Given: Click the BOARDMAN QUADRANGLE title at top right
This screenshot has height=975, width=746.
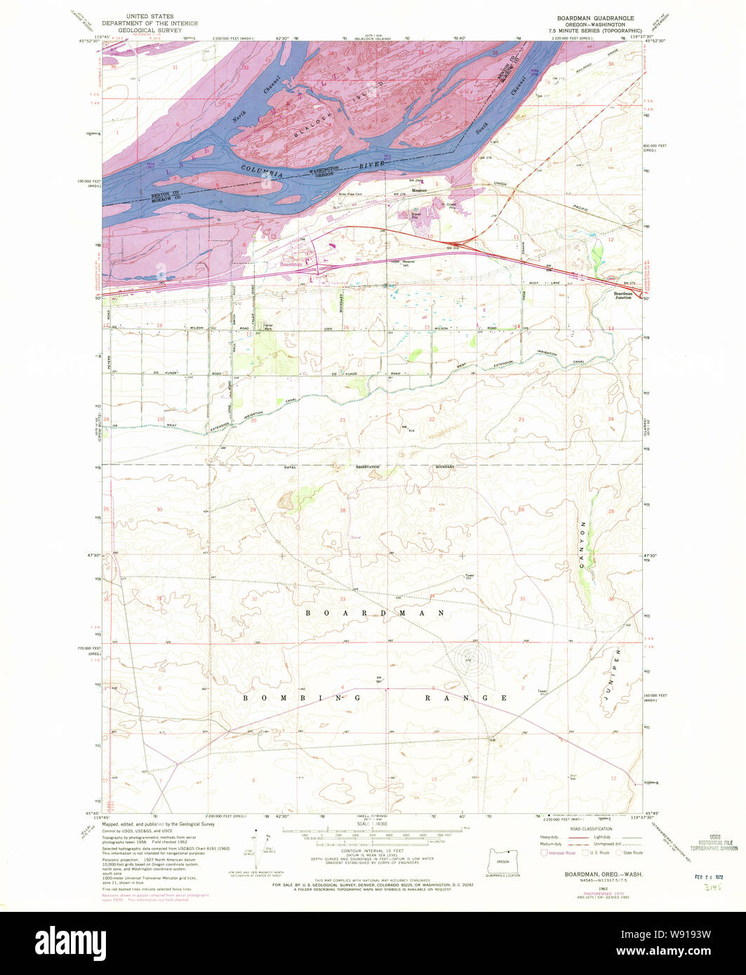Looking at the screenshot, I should [594, 18].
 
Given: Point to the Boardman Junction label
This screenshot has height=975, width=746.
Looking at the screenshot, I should [622, 295].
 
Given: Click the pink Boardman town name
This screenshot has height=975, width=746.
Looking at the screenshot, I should [291, 264].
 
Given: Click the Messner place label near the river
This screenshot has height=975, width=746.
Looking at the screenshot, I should [420, 190].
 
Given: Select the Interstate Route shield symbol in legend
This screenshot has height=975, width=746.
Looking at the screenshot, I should [542, 852].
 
